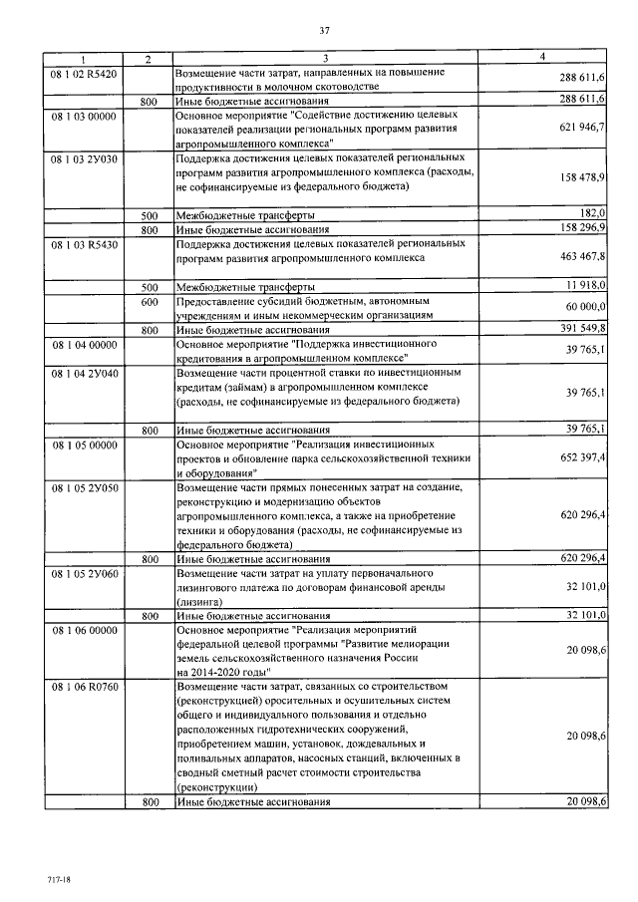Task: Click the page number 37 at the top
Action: click(324, 31)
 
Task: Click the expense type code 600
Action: click(150, 300)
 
